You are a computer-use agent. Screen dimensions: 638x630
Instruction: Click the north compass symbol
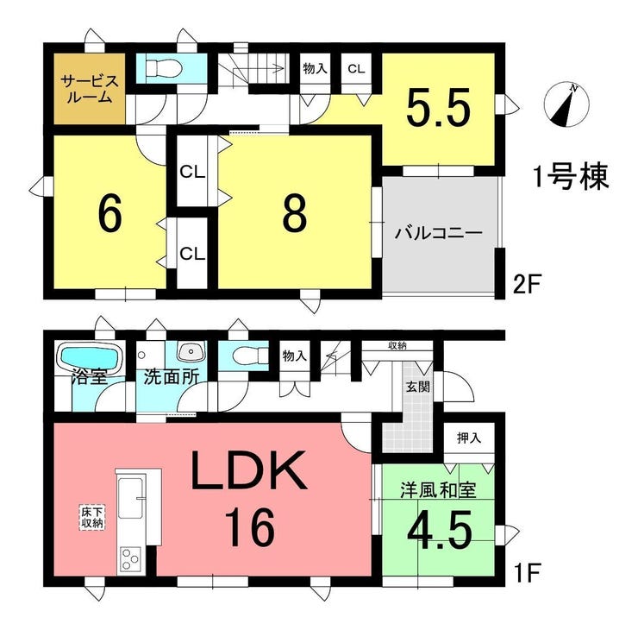click(x=566, y=104)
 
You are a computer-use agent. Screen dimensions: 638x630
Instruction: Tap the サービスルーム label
click(x=90, y=89)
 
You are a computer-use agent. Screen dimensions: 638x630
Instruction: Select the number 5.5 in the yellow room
click(x=438, y=107)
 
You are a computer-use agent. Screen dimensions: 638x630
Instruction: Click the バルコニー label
click(x=439, y=234)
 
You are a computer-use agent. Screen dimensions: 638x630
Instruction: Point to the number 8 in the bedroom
click(x=295, y=215)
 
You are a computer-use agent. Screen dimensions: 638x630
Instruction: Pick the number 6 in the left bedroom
click(x=109, y=215)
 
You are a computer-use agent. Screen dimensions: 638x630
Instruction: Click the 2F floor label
click(x=526, y=286)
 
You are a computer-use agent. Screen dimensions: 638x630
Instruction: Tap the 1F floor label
click(x=526, y=572)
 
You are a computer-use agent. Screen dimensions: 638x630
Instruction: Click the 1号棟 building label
click(x=572, y=177)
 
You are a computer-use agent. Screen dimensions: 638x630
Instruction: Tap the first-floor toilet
click(x=249, y=356)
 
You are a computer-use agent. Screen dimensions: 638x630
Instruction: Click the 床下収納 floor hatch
click(x=92, y=518)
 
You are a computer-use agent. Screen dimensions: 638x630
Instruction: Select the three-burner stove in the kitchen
click(x=130, y=560)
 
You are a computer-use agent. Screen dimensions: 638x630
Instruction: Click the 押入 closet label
click(x=469, y=438)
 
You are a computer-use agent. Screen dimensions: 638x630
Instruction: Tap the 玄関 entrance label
click(x=418, y=387)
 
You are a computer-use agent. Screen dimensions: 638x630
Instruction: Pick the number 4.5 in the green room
click(x=440, y=529)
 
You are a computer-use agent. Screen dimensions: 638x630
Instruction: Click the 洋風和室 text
click(x=438, y=490)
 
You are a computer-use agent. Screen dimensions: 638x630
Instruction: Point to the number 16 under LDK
click(x=250, y=527)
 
